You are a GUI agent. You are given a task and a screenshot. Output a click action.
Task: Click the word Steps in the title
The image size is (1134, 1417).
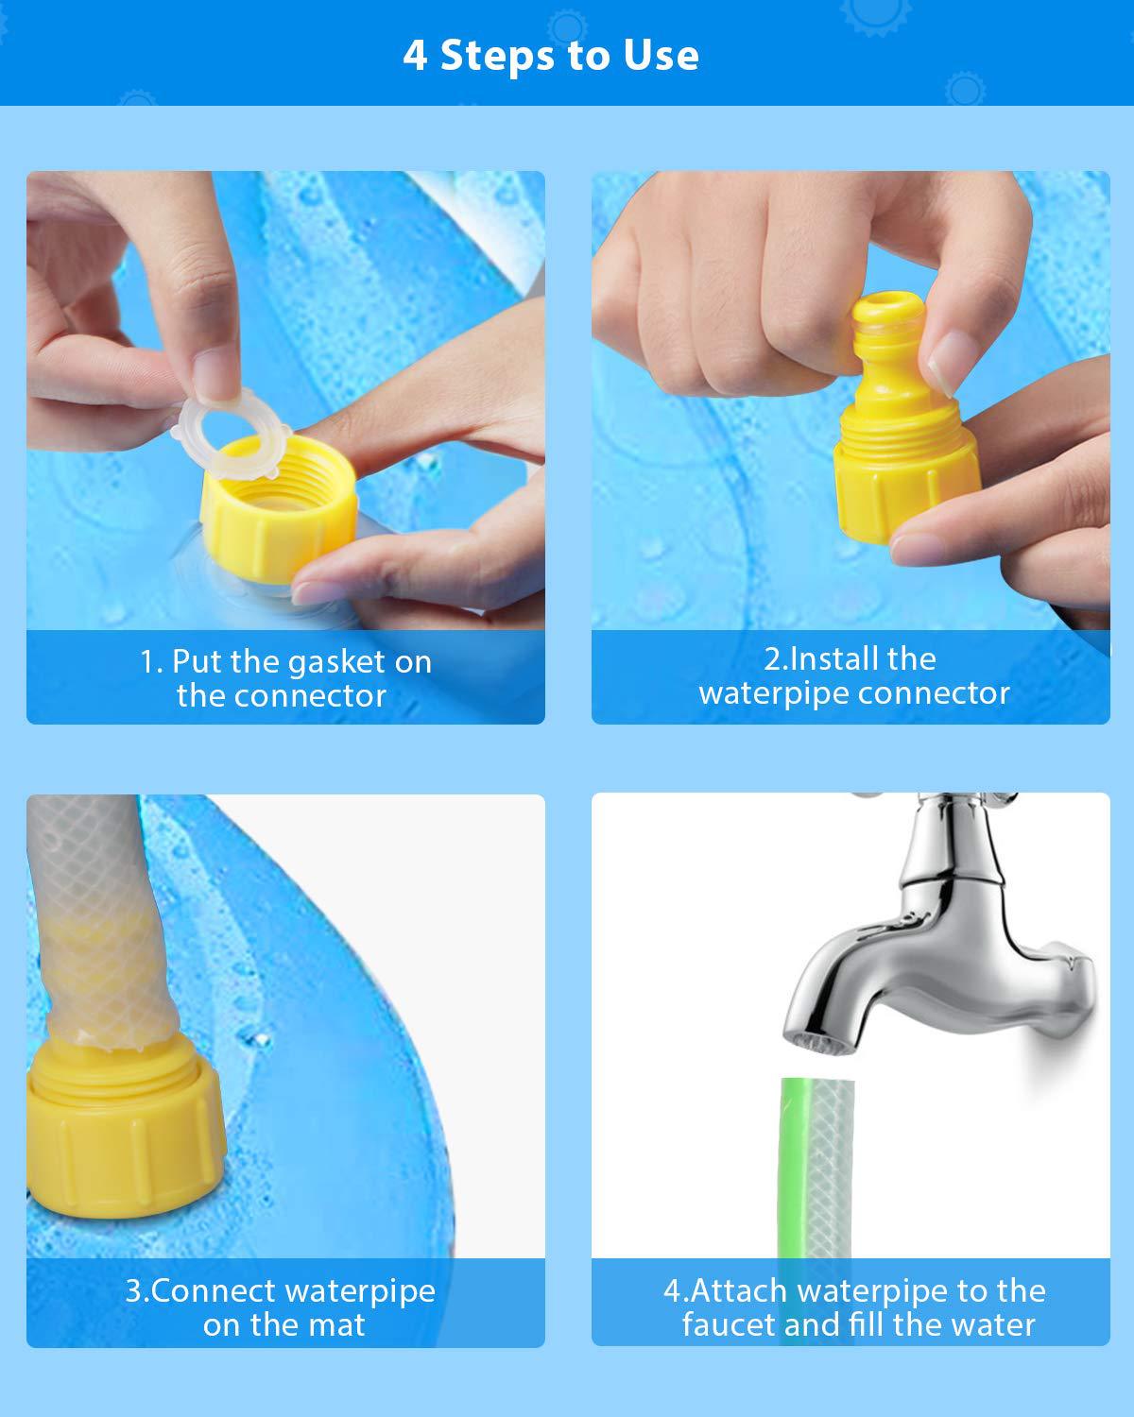point(497,55)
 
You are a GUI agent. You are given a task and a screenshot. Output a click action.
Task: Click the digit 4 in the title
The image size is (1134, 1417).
point(414,55)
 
